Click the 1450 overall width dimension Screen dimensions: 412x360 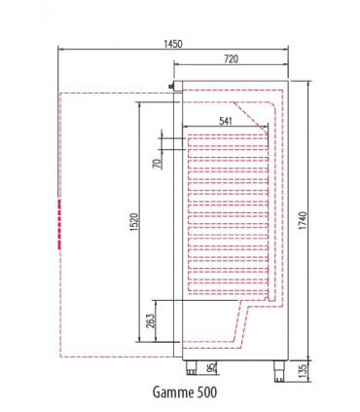click(x=174, y=43)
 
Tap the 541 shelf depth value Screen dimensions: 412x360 click(x=225, y=121)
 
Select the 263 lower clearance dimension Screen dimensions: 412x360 click(x=148, y=323)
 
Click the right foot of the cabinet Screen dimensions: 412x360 click(x=276, y=366)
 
